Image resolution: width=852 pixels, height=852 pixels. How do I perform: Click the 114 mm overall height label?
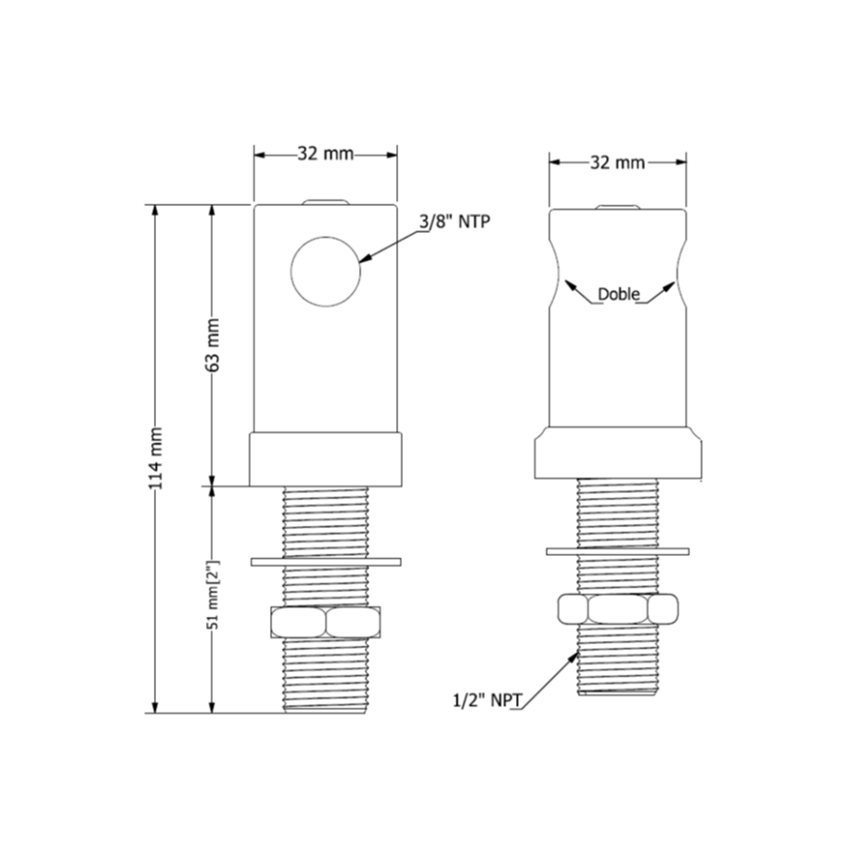pyautogui.click(x=156, y=458)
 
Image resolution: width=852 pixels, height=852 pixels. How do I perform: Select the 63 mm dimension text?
pyautogui.click(x=213, y=345)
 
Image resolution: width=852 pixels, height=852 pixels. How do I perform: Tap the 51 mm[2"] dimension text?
pyautogui.click(x=213, y=595)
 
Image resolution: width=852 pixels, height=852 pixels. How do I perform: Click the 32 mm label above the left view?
pyautogui.click(x=326, y=154)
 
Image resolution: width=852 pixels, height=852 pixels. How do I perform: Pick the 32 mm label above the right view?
pyautogui.click(x=617, y=161)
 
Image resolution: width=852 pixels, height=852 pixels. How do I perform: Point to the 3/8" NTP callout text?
pyautogui.click(x=454, y=221)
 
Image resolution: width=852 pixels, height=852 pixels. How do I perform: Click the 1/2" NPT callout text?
pyautogui.click(x=487, y=701)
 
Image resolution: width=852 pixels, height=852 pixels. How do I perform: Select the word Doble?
pyautogui.click(x=619, y=294)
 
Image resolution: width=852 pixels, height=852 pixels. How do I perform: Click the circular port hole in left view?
pyautogui.click(x=326, y=272)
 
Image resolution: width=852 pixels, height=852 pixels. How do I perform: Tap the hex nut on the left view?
pyautogui.click(x=326, y=622)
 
